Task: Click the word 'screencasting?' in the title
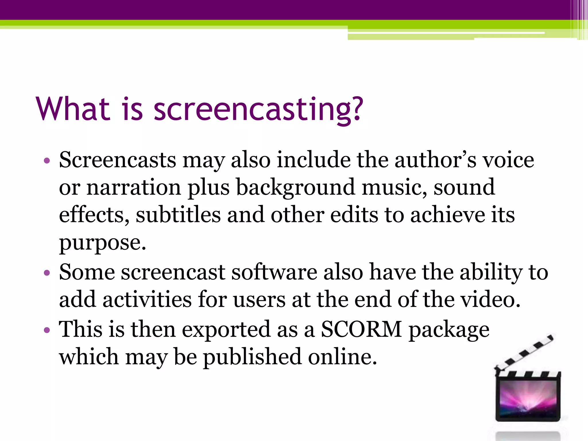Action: click(x=258, y=110)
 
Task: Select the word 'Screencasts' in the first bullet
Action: click(x=117, y=160)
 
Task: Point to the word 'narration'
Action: click(x=134, y=187)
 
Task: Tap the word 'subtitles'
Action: click(x=178, y=215)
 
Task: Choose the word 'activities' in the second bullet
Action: click(x=147, y=299)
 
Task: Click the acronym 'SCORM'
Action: click(x=361, y=329)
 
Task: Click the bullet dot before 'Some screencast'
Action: click(x=47, y=272)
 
